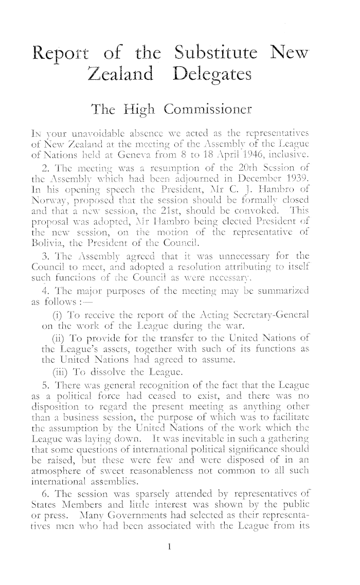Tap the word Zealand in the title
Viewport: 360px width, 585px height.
coord(121,76)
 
